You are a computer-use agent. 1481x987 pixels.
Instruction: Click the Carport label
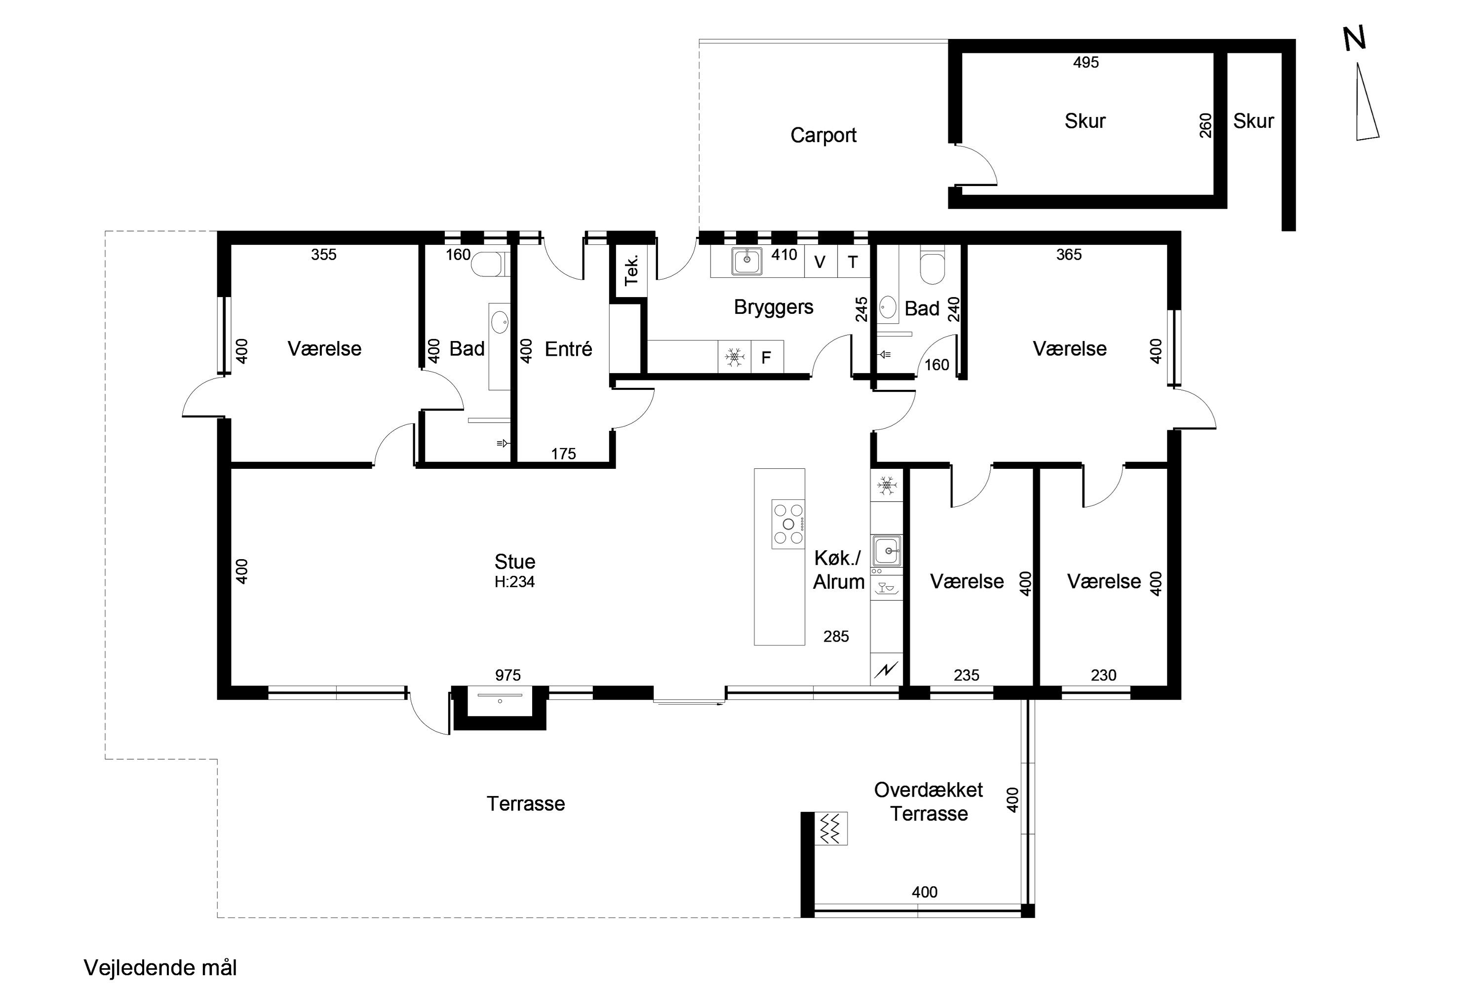823,135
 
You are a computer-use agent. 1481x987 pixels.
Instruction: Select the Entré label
568,349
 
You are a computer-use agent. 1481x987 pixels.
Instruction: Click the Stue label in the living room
514,562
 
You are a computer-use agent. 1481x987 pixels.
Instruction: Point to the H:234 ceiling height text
514,582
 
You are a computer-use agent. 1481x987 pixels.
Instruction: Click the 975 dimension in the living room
507,676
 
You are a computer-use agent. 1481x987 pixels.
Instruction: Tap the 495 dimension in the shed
1086,62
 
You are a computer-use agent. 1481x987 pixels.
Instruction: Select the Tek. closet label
631,270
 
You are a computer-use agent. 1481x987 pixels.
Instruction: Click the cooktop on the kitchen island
788,524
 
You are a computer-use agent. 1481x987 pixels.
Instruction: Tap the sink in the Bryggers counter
747,261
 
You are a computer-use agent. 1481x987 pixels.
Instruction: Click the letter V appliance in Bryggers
820,263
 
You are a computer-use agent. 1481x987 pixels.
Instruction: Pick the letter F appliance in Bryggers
766,357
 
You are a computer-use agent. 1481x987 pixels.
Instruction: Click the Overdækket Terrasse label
929,801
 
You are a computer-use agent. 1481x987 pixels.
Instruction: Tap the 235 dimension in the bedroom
966,676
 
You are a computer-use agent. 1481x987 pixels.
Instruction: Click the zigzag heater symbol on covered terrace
831,829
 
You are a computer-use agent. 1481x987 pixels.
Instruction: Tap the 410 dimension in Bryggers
784,255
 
